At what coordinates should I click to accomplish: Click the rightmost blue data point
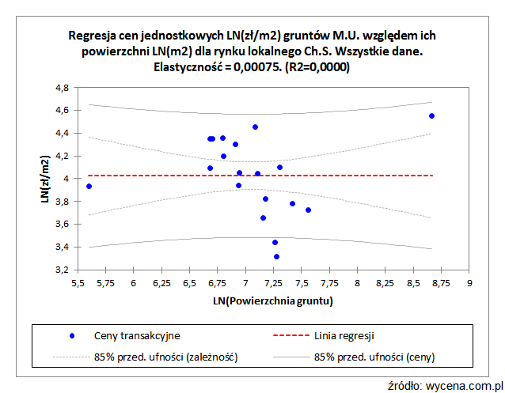point(431,116)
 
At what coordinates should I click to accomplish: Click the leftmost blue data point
point(89,187)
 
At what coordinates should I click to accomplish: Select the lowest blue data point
point(276,256)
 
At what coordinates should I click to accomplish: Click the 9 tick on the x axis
point(469,282)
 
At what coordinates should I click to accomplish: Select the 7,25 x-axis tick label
point(273,282)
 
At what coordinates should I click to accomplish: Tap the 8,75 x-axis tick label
point(441,282)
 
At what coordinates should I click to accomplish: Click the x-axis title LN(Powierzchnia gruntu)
point(271,301)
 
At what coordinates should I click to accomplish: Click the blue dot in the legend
point(71,336)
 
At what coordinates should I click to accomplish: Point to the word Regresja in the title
point(93,36)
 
